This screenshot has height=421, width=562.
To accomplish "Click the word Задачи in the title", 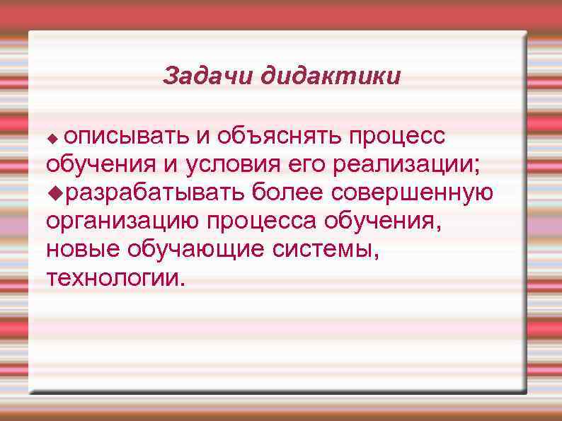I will pos(208,76).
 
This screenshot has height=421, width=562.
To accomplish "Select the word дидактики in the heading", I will pos(330,76).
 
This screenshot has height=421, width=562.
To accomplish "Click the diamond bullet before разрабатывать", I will pos(52,192).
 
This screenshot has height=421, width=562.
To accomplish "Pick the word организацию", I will pos(122,220).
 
